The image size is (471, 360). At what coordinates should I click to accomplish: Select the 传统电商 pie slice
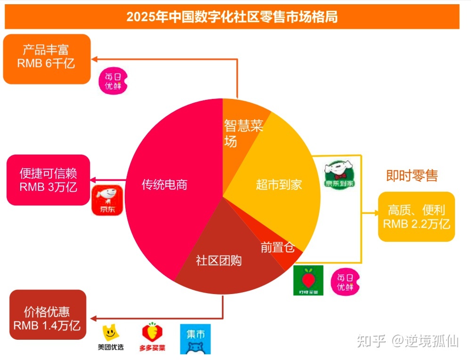coord(165,184)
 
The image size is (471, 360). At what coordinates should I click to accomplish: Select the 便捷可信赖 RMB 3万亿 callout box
coord(48,180)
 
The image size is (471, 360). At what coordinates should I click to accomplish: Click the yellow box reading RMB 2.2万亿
coord(416,217)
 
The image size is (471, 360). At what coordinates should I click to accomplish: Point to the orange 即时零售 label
coord(412,176)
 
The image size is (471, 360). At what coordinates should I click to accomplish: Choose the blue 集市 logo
coord(195,339)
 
